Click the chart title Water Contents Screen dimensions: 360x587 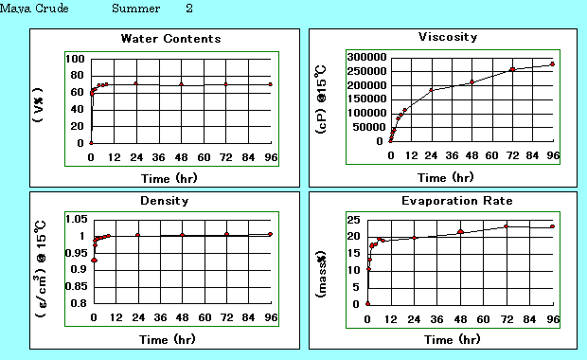[170, 39]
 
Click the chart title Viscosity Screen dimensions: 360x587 [447, 37]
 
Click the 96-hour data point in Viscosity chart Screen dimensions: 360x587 [552, 64]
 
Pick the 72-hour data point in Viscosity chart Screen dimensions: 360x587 [512, 69]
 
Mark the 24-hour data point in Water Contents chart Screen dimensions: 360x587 [136, 83]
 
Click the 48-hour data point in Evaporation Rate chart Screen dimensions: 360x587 [460, 231]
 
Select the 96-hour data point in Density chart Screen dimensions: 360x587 [271, 234]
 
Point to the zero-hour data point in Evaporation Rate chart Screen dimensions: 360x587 [368, 304]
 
